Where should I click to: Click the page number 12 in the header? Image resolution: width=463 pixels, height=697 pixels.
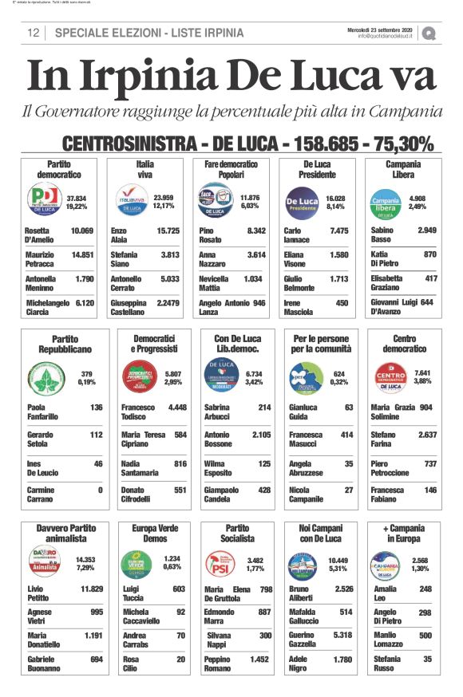tap(34, 33)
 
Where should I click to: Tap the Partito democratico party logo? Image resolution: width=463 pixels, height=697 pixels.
tap(45, 199)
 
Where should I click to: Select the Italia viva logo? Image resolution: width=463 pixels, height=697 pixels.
tap(129, 199)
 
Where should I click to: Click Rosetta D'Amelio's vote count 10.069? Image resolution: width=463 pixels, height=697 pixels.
tap(82, 230)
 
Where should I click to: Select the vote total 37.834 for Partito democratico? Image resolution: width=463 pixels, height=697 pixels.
tap(77, 196)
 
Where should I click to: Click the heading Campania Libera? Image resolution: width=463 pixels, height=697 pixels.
tap(403, 169)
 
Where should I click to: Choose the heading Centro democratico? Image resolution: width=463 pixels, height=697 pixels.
tap(404, 344)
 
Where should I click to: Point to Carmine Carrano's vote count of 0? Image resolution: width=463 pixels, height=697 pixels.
tap(101, 490)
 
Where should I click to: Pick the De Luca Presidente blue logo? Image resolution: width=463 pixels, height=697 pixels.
tap(301, 199)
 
